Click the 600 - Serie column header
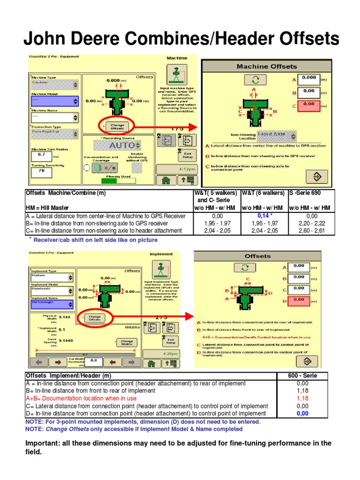303,375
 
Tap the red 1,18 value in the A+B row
303,398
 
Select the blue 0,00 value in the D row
303,413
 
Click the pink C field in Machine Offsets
309,104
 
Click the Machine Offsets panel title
266,67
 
